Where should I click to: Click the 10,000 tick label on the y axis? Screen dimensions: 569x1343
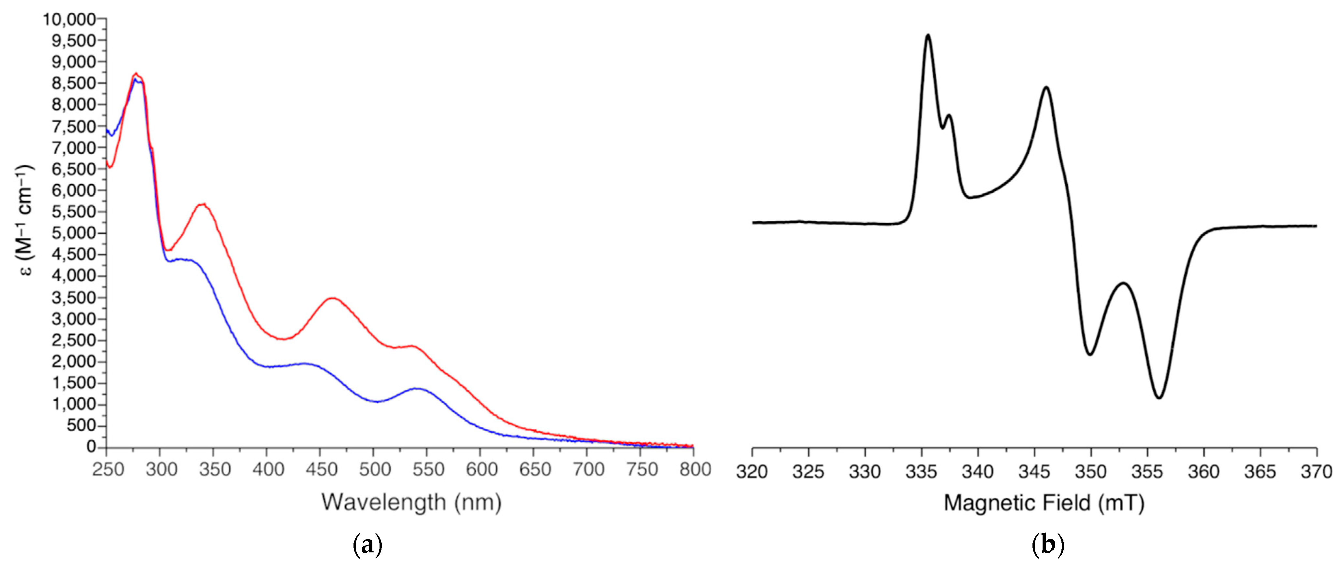tap(70, 19)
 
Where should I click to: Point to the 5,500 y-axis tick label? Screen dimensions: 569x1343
tap(74, 212)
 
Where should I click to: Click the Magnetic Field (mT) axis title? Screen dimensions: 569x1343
tap(1044, 503)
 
